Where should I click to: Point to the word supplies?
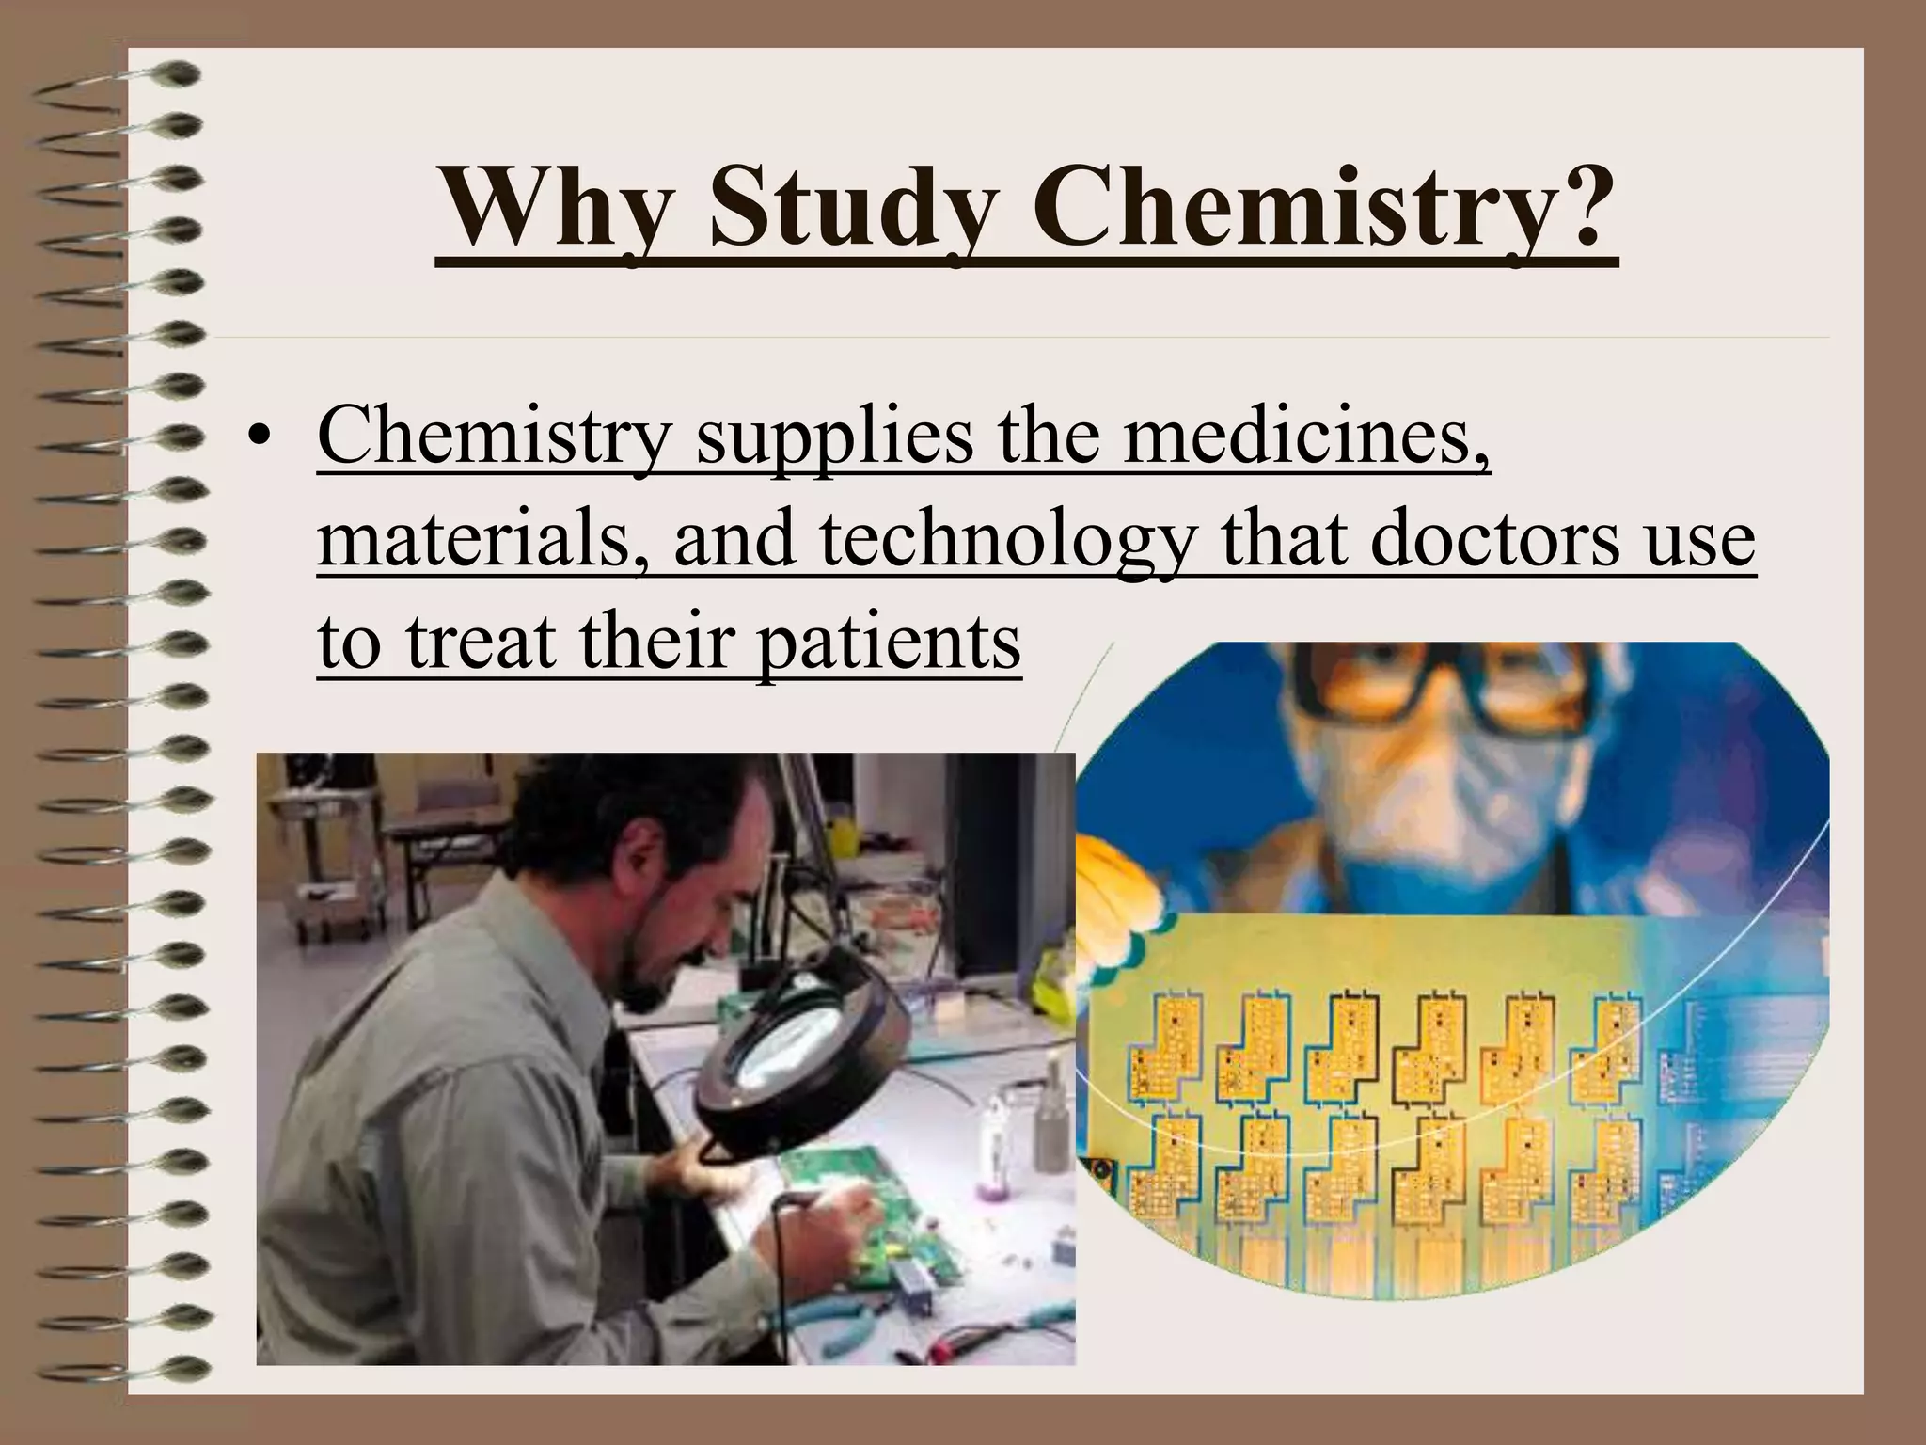(x=834, y=441)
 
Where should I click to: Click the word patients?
(x=889, y=644)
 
